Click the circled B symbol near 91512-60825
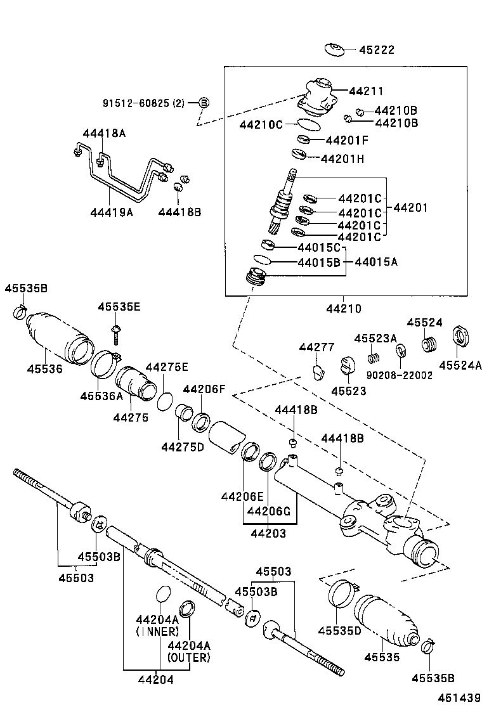point(204,103)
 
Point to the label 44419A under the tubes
point(112,212)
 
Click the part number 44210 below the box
point(344,309)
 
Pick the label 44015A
point(377,261)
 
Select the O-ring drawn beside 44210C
point(308,124)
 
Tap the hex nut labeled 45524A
point(460,336)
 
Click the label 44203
point(268,534)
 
